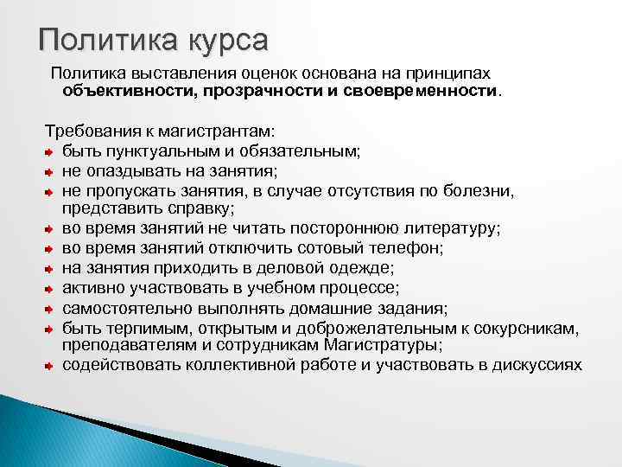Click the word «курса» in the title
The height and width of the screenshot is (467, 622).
click(224, 41)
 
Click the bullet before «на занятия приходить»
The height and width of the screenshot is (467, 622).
click(50, 268)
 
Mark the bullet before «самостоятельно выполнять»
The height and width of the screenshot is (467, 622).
click(50, 309)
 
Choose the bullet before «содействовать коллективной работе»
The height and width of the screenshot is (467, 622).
click(50, 365)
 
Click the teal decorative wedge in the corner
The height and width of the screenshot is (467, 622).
click(52, 432)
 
